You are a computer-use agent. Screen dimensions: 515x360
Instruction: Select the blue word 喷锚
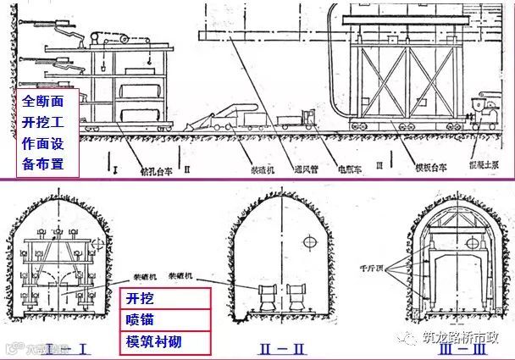click(x=141, y=321)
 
